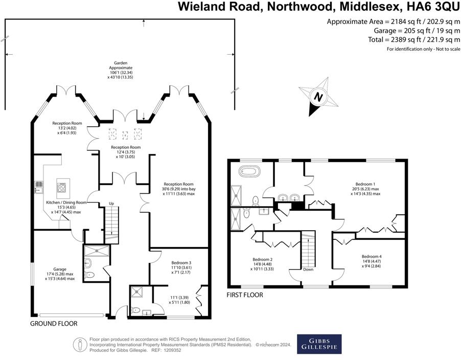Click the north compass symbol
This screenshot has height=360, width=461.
(x=319, y=96)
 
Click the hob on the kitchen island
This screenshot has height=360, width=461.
(x=62, y=187)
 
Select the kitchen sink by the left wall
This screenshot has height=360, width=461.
(x=38, y=188)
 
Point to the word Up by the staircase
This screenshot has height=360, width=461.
(x=111, y=204)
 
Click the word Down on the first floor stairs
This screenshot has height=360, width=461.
(x=308, y=269)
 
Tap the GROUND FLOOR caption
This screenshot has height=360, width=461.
(x=54, y=324)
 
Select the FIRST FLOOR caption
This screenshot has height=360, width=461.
(x=244, y=295)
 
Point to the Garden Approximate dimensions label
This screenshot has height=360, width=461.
(x=121, y=70)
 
